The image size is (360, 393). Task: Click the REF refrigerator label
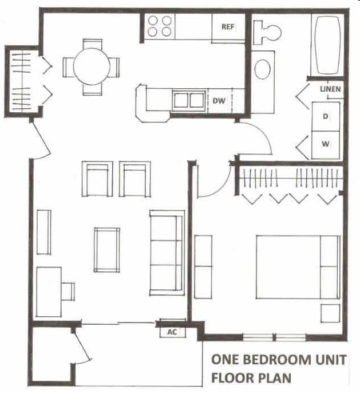[228, 26]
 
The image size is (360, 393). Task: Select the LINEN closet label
[330, 89]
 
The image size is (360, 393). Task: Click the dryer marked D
[325, 117]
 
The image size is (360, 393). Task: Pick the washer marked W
[325, 144]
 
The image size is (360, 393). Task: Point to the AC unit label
[172, 332]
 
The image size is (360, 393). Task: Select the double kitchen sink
[189, 100]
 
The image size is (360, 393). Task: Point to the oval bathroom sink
[263, 69]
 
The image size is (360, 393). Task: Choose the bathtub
[327, 45]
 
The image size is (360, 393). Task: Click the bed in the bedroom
[297, 266]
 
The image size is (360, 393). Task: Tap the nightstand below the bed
[331, 313]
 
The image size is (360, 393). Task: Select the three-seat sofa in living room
[167, 253]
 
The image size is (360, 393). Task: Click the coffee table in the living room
[107, 250]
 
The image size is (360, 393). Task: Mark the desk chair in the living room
[68, 291]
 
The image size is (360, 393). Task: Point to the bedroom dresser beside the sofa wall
[203, 266]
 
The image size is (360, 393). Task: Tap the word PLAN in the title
[275, 378]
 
